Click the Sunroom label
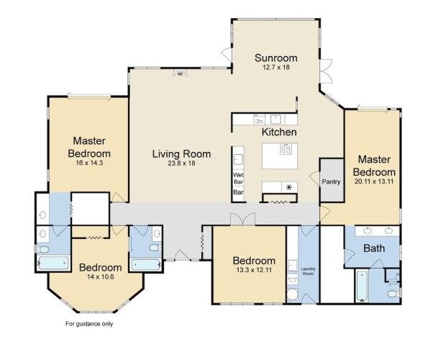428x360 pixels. coord(276,58)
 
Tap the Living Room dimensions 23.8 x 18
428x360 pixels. coord(181,163)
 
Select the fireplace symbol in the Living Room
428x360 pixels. coord(180,73)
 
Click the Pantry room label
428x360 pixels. coord(331,181)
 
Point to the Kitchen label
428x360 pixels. coord(279,132)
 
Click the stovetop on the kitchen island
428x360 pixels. coord(286,148)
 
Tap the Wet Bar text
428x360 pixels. coord(238,178)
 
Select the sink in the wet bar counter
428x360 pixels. coord(238,159)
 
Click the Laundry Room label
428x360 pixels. coord(308,271)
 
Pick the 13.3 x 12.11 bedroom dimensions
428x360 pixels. coord(254,270)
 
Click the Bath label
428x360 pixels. coord(374,248)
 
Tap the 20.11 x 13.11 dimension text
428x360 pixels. coord(374,181)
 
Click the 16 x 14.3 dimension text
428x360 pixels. coord(89,163)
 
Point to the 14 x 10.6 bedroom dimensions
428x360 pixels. coord(101,276)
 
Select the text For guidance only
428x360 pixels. coord(89,324)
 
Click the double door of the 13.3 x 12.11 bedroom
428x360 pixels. coord(242,219)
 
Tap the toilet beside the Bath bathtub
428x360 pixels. coord(393,294)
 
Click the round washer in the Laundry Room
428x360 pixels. coord(293,295)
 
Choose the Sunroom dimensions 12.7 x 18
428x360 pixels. coord(276,67)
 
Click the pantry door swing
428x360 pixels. coord(314,179)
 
